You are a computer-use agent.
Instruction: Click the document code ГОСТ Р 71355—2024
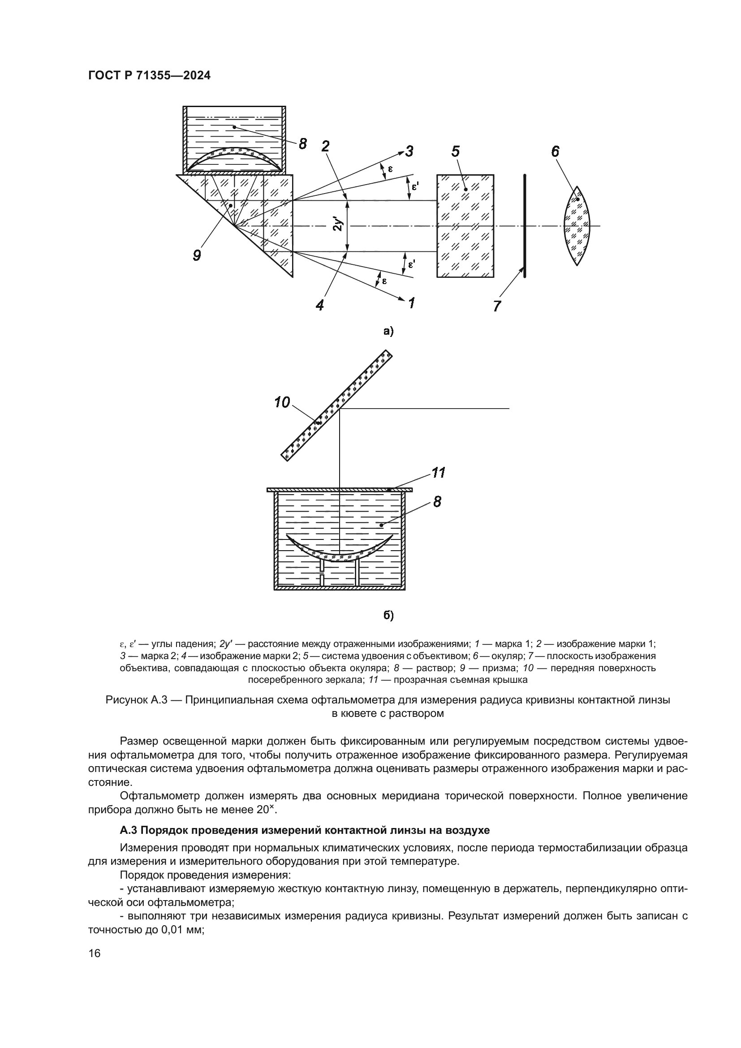[149, 76]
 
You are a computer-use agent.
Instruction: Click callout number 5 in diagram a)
[456, 151]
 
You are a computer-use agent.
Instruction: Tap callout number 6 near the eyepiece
[555, 151]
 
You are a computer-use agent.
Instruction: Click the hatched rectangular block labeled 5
[465, 225]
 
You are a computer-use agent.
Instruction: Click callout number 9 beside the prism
[197, 255]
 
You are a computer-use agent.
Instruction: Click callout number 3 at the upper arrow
[409, 151]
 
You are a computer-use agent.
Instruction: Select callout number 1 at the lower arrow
[411, 302]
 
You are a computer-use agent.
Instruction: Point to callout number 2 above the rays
[325, 146]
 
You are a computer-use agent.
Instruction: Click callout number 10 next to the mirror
[282, 402]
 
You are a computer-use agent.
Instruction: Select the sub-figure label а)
[388, 332]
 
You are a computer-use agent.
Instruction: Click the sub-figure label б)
[388, 616]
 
